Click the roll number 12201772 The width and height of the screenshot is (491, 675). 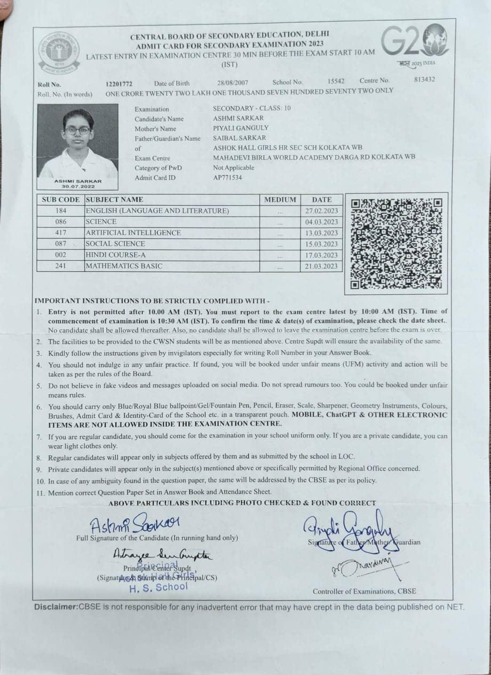119,84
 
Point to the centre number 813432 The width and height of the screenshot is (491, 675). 424,79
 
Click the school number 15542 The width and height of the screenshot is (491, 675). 336,81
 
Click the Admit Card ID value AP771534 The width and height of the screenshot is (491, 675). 227,177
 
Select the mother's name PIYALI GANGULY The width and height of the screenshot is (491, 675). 241,128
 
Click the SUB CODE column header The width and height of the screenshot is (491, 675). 61,200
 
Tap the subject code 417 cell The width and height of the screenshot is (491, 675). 61,233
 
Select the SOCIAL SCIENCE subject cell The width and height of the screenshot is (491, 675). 115,244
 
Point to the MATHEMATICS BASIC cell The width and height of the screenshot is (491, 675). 124,266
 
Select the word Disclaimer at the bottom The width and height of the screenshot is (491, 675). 56,607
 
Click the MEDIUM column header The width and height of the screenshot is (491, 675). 280,200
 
